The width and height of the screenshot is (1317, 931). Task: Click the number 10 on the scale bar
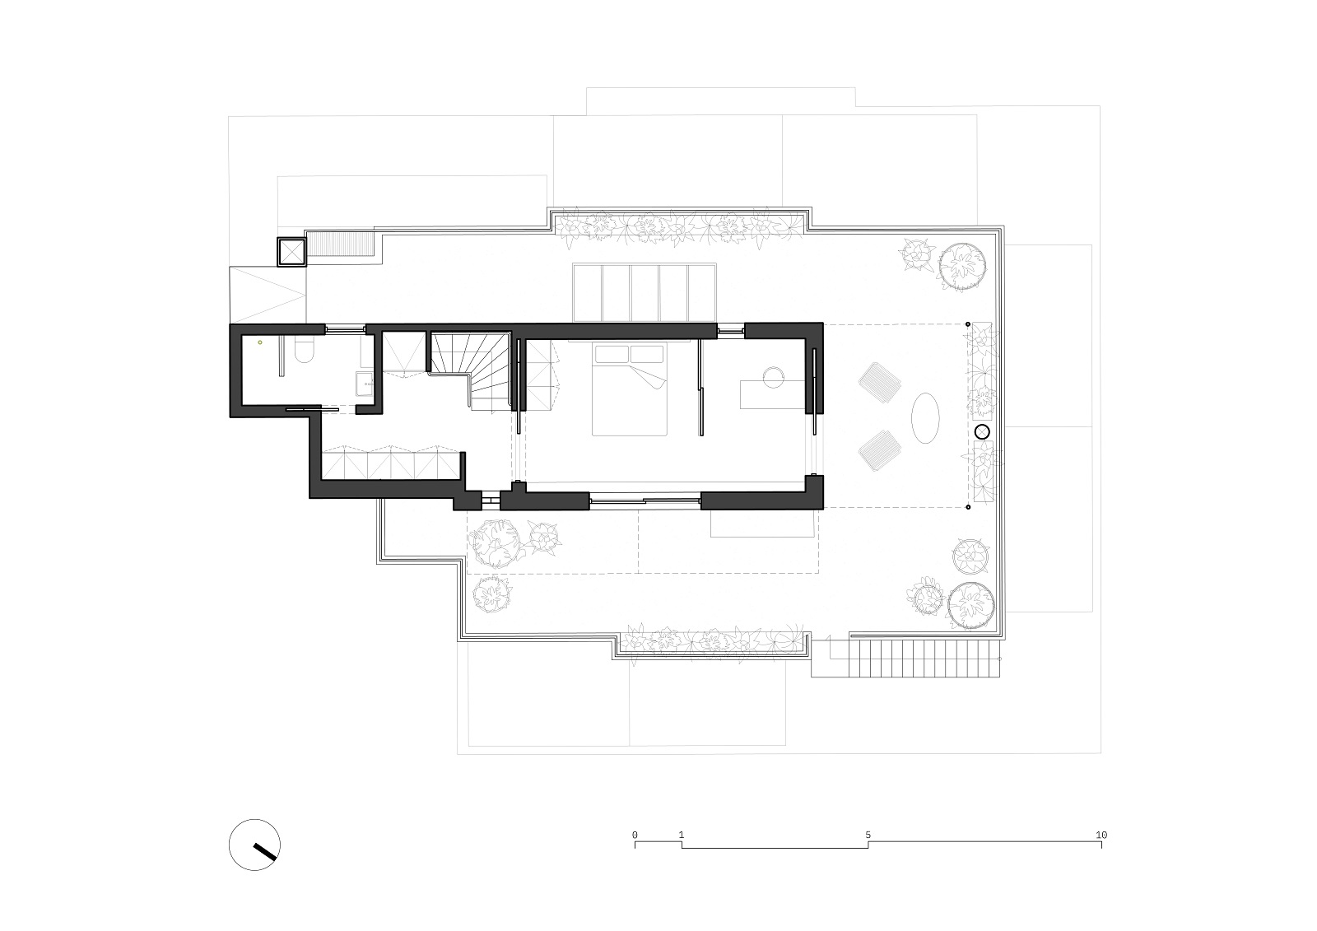(1101, 835)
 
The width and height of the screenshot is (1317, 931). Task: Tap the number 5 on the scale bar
(868, 835)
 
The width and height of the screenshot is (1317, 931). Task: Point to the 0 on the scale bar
(635, 835)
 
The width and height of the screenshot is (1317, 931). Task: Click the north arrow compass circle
(254, 845)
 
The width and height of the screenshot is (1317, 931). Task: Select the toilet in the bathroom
(305, 349)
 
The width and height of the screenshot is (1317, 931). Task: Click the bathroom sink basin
(364, 384)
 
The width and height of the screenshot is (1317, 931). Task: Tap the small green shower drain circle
(259, 342)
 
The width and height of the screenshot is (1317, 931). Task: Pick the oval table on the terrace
(925, 418)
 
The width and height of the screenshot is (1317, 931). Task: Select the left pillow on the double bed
(612, 354)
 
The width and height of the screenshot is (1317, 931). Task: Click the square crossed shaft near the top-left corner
(291, 252)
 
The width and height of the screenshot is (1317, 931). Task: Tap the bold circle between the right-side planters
(982, 432)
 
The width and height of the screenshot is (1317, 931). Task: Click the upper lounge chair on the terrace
(880, 383)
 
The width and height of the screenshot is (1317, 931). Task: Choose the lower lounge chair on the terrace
(879, 450)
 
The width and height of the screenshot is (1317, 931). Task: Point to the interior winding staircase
(470, 370)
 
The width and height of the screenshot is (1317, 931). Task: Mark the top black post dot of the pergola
(968, 324)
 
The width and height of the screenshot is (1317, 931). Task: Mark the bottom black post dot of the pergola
(968, 507)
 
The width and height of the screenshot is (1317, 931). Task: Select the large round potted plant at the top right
(962, 268)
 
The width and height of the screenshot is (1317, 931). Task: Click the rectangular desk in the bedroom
(773, 394)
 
